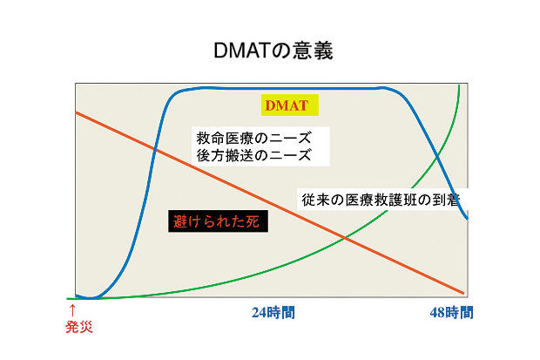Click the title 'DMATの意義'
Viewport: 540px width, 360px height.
(x=273, y=51)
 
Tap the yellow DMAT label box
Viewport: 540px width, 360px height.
(x=290, y=105)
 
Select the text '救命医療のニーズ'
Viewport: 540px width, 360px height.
(x=253, y=138)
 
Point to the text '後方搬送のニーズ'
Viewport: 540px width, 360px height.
(x=253, y=155)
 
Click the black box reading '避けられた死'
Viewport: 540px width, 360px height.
(x=218, y=221)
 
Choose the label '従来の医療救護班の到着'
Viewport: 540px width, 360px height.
(x=381, y=200)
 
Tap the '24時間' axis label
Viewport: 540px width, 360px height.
(x=273, y=313)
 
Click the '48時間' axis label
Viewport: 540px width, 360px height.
(x=451, y=313)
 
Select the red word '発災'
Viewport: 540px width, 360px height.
(x=79, y=327)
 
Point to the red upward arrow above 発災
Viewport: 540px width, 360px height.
(x=72, y=310)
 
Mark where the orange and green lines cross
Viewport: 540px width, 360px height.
(x=345, y=238)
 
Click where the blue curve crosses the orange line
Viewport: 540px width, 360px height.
(x=155, y=149)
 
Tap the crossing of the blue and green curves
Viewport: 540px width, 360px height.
(x=437, y=158)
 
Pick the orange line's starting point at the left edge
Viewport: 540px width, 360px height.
(x=76, y=112)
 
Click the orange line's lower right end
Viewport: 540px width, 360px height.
(x=463, y=294)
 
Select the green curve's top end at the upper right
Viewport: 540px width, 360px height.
(x=459, y=85)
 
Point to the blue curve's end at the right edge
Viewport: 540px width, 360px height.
(x=467, y=218)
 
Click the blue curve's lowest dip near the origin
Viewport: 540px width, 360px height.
(x=91, y=298)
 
